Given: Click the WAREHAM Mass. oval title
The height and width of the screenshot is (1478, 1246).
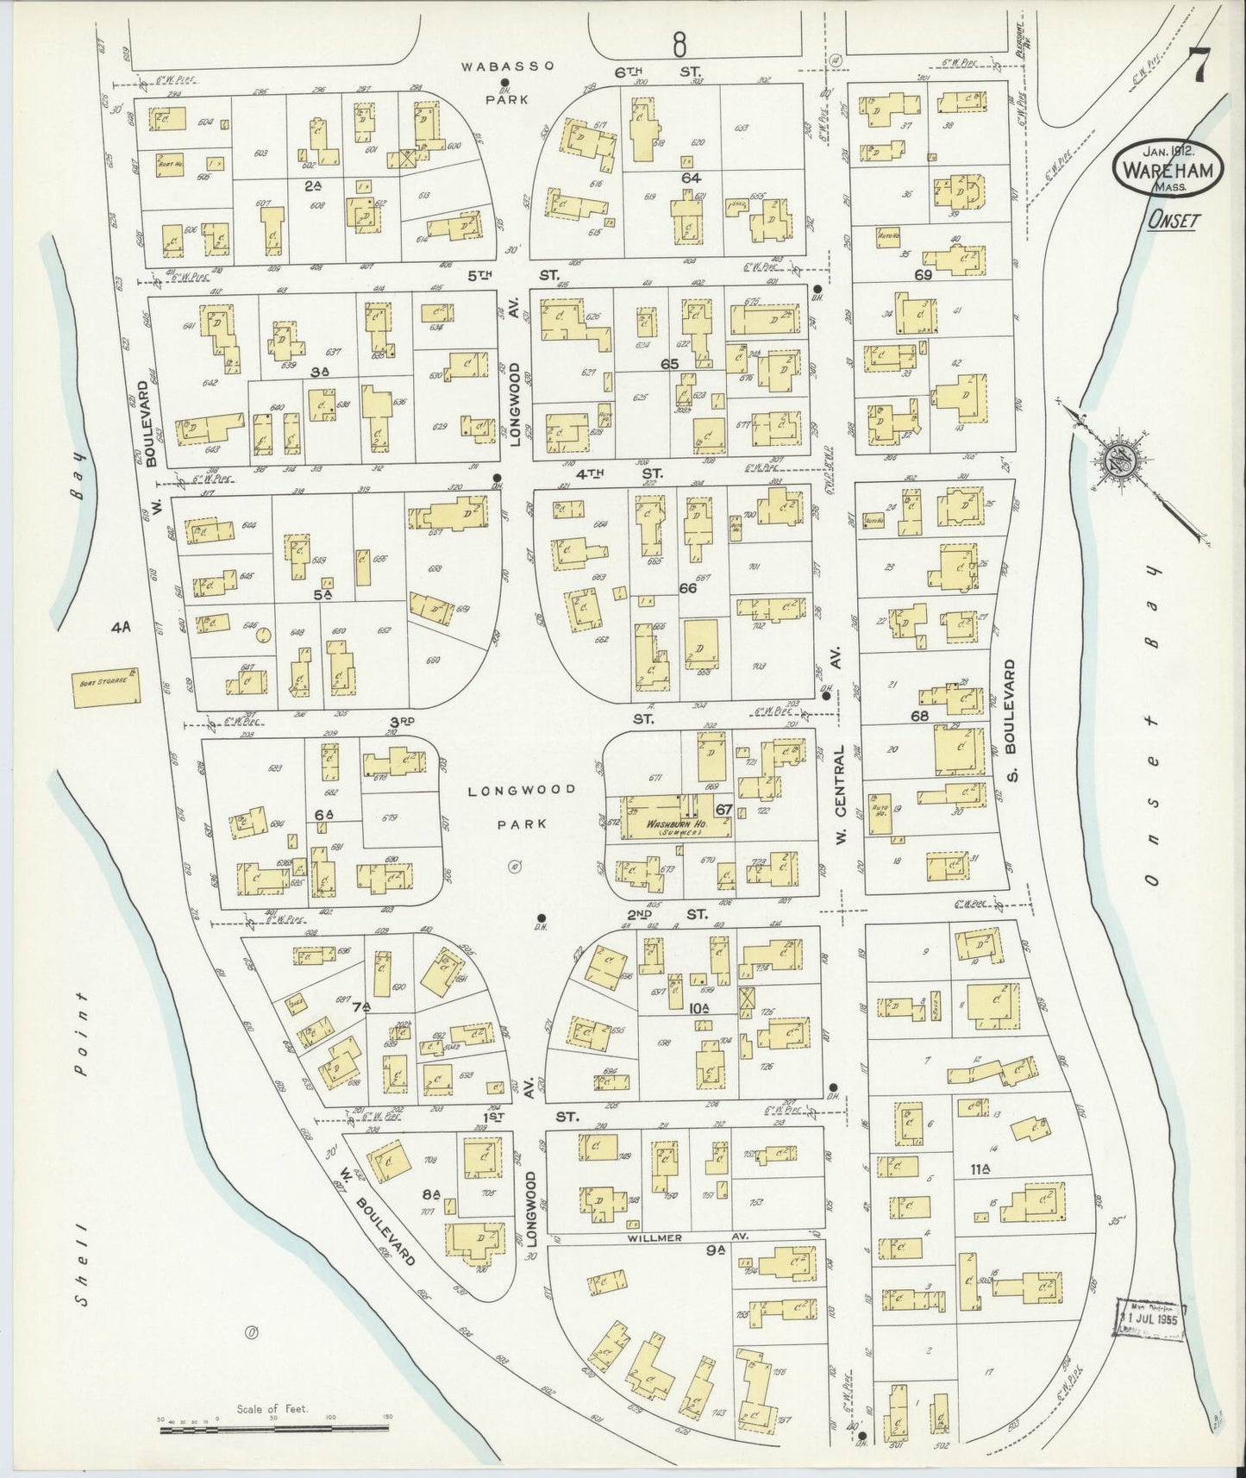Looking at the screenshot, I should click(x=1169, y=169).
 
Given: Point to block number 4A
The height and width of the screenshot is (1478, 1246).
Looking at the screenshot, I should click(x=119, y=627).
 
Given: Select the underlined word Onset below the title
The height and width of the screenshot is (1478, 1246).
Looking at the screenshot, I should click(x=1174, y=221).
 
